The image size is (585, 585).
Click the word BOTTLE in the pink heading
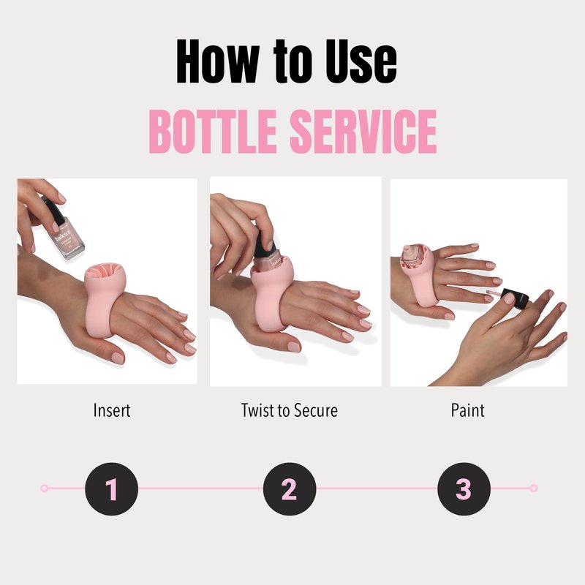213,132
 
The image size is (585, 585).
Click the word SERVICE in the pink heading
363,132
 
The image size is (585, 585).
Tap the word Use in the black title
361,61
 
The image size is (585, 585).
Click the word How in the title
218,61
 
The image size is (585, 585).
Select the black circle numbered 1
112,488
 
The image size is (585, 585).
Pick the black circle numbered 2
290,488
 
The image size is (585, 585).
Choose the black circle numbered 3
464,488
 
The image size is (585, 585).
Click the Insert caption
112,410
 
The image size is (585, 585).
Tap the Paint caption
467,410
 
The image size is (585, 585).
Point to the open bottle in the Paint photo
415,257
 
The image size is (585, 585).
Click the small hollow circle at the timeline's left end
45,488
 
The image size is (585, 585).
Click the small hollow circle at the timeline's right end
534,488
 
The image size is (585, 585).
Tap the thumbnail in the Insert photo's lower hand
118,358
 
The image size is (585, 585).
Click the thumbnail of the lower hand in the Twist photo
294,347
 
